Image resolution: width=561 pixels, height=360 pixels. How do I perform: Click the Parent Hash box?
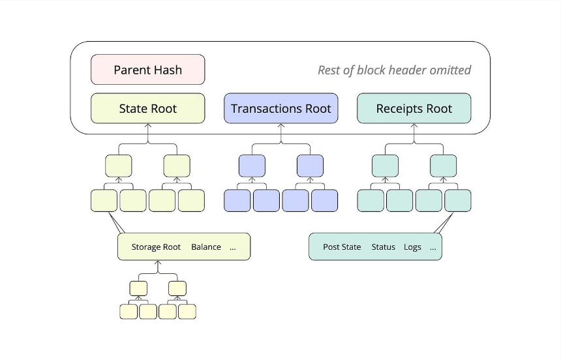click(148, 69)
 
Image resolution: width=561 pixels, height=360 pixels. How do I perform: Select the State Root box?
click(148, 108)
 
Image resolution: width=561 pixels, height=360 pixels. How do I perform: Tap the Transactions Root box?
click(281, 108)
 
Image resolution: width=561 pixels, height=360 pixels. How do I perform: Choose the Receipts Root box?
click(414, 108)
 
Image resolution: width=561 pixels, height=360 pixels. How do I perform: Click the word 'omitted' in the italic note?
click(450, 70)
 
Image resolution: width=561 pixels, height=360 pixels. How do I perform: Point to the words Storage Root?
click(156, 247)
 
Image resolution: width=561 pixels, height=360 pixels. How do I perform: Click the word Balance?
click(206, 247)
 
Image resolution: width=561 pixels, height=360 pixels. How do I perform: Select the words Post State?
click(342, 247)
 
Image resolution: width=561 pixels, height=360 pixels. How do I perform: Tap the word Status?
click(383, 247)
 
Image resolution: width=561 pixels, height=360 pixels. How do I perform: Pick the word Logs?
click(412, 247)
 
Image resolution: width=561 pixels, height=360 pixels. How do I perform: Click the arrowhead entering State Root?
click(148, 126)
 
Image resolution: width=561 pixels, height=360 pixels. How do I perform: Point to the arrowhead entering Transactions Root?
click(281, 126)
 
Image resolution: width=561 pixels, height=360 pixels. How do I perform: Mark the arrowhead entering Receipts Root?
click(414, 126)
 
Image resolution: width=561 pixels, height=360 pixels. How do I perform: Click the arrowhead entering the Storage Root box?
click(158, 263)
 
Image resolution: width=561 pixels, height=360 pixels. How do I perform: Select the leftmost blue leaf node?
click(237, 201)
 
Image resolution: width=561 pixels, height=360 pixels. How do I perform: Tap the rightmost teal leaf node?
click(458, 201)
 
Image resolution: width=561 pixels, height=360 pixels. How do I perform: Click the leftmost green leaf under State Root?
click(104, 201)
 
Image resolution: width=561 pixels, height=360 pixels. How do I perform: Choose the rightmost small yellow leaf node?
click(187, 312)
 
